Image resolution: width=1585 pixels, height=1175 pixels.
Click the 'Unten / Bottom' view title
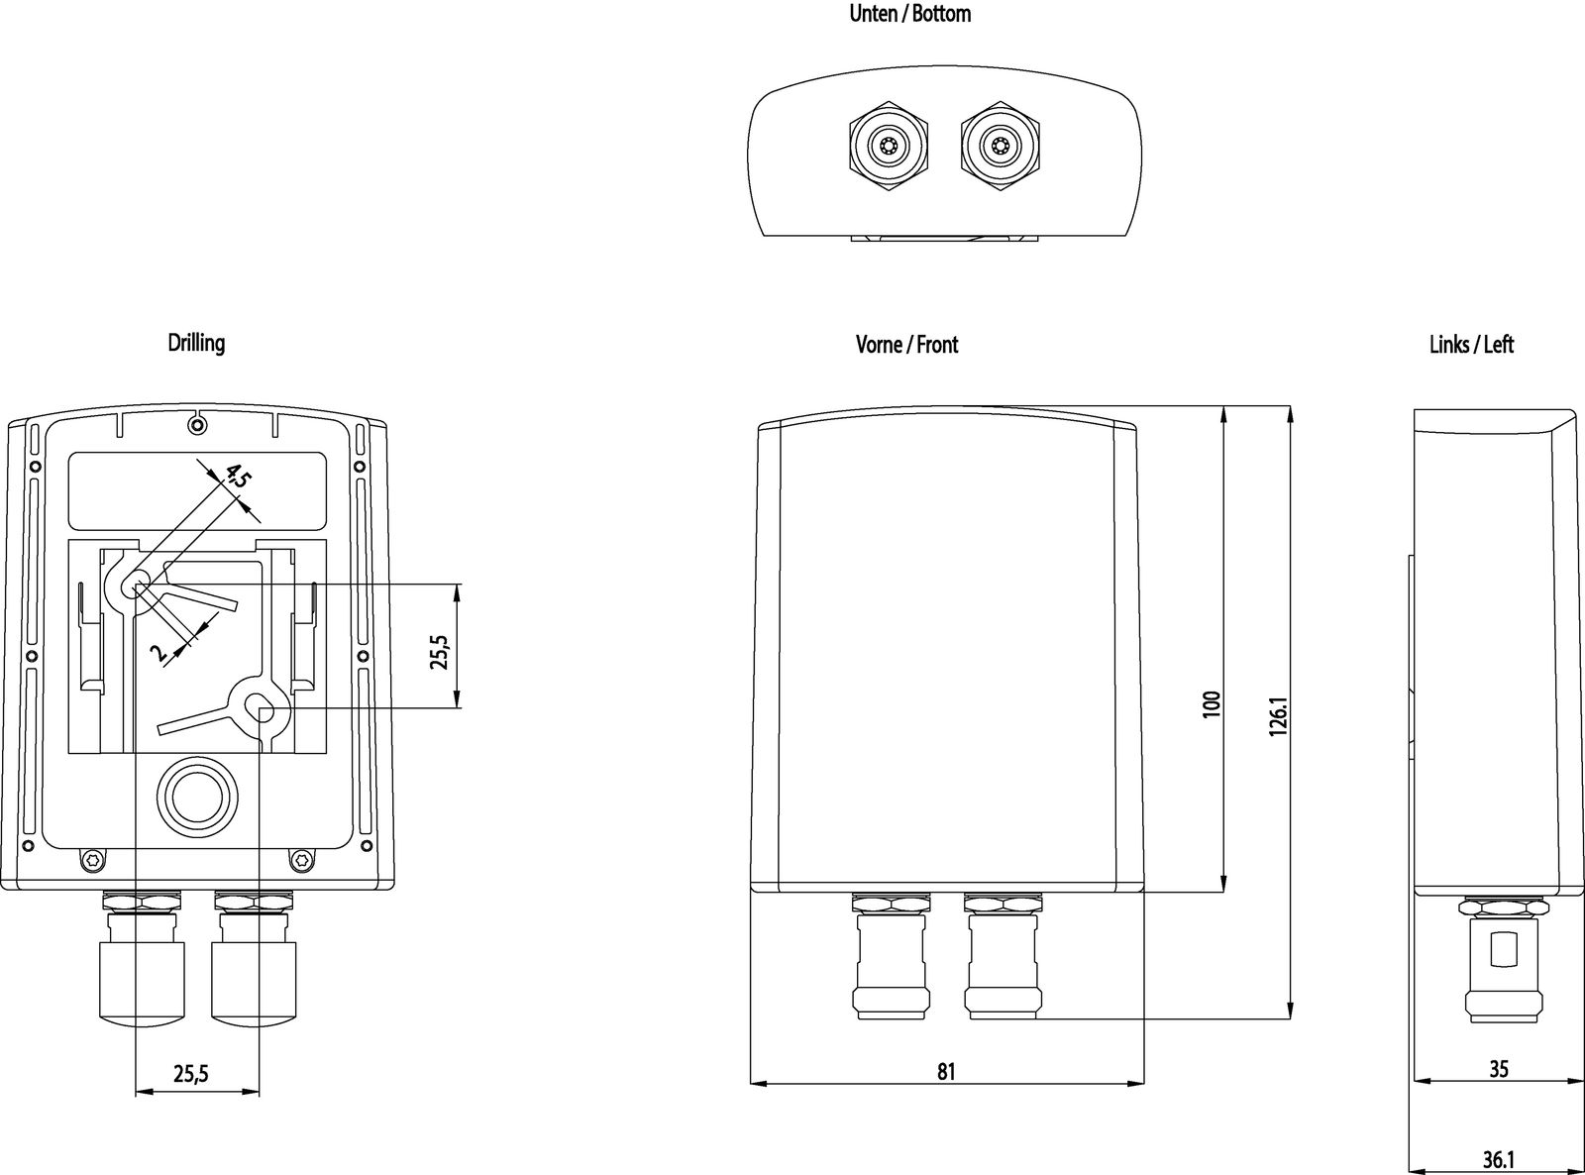(909, 14)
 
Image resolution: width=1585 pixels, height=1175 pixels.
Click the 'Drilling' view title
(196, 343)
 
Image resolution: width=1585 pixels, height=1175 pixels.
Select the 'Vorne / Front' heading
(906, 345)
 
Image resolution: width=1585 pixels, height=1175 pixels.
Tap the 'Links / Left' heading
(1471, 345)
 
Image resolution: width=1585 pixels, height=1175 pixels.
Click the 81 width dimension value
(946, 1071)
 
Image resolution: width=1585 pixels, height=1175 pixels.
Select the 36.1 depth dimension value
(1499, 1158)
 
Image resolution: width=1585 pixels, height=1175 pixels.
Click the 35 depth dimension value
(1499, 1069)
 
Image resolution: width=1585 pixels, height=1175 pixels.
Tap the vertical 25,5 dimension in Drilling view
(439, 651)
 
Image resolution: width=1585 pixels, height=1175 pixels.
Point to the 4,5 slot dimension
(238, 475)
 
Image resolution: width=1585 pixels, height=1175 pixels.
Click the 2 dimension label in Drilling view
(158, 651)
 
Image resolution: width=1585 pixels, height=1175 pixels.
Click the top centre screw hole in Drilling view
(197, 425)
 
